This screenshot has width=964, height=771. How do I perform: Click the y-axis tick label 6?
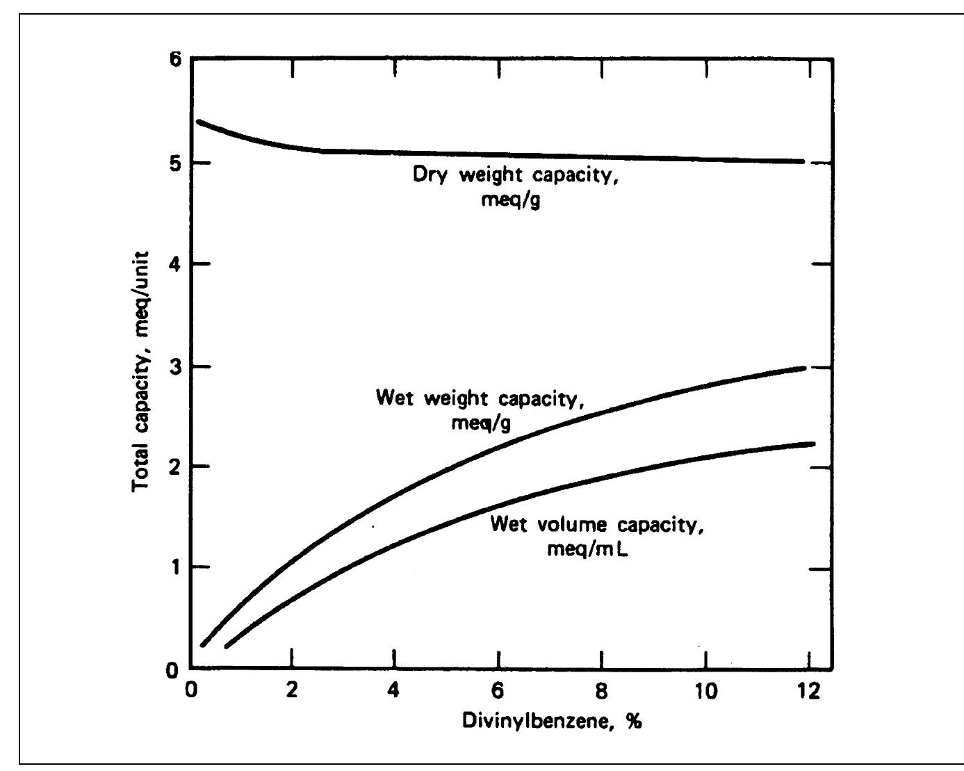(177, 60)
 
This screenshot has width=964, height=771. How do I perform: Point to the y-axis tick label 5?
(176, 164)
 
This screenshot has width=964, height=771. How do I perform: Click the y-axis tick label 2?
(176, 467)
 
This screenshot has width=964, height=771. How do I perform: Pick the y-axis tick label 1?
(176, 567)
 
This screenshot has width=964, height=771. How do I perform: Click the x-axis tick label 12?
(809, 691)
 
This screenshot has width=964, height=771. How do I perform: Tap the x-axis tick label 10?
(706, 691)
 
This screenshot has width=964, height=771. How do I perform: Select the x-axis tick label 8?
(601, 691)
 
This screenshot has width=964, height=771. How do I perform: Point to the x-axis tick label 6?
(498, 691)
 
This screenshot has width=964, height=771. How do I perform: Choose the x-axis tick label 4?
(393, 691)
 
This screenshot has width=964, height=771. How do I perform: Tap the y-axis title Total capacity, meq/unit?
(140, 372)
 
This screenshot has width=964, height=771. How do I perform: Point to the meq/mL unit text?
(588, 549)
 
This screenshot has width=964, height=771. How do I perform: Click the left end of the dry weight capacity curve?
(199, 122)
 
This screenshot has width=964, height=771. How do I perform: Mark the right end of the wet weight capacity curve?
(804, 368)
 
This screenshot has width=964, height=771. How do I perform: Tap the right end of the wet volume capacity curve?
(813, 444)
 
